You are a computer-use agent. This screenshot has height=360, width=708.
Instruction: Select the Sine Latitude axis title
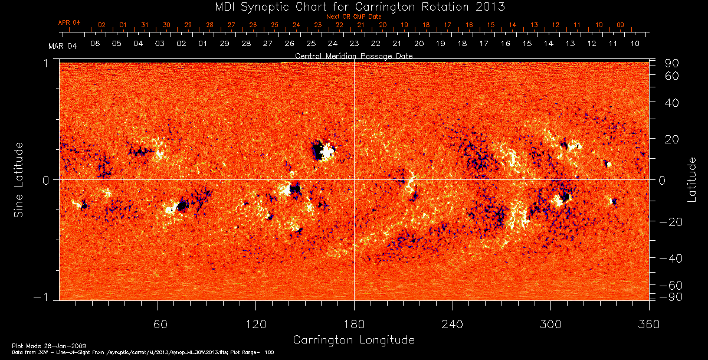point(19,179)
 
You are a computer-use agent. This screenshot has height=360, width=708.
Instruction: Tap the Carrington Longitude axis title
point(353,340)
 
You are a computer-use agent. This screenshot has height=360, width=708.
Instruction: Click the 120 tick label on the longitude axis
point(256,323)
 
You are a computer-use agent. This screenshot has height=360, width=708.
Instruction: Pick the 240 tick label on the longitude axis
point(453,323)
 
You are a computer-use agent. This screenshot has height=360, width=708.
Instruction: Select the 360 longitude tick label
point(649,323)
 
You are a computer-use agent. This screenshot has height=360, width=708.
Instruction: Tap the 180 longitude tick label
point(354,323)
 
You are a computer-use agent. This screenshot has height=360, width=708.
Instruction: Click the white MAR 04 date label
point(63,46)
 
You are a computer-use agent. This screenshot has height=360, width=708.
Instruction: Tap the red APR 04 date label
point(69,22)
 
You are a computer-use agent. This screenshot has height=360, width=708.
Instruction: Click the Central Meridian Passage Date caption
point(353,56)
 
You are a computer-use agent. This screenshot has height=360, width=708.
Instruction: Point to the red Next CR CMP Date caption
point(354,17)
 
